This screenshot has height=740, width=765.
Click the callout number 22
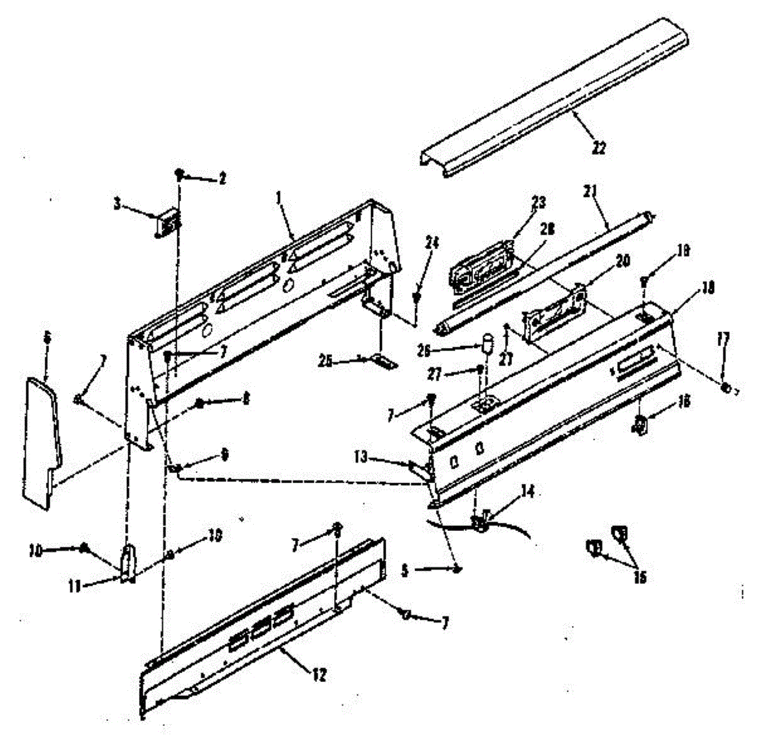599,148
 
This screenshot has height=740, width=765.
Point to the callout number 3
117,204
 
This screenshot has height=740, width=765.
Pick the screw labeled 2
180,174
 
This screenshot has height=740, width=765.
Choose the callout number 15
639,577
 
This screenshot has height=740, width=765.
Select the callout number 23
539,203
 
